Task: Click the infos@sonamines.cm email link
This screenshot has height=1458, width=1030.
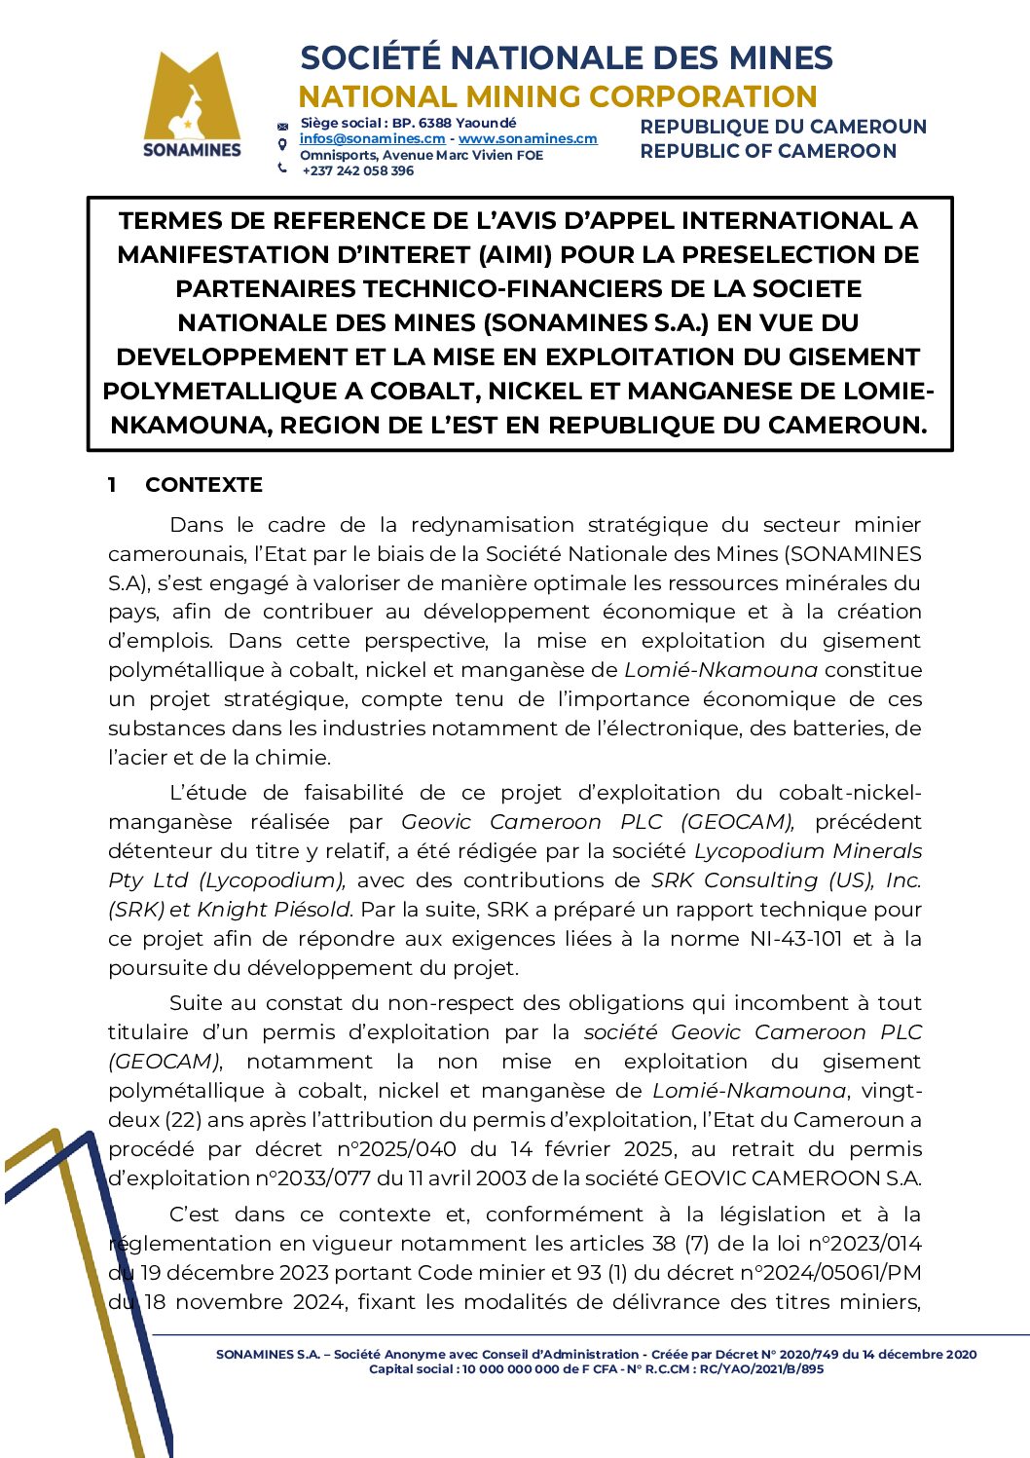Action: coord(372,139)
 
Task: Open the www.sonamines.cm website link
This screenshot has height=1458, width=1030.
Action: coord(528,139)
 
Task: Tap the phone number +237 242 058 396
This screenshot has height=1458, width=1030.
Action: coord(357,170)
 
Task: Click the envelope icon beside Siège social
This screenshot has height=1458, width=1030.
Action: coord(282,126)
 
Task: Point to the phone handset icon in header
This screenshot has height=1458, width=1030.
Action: coord(282,168)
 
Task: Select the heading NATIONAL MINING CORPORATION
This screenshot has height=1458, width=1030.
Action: coord(557,96)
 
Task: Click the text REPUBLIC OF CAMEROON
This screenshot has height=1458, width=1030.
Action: coord(768,151)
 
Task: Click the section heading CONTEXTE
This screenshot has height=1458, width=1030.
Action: coord(203,485)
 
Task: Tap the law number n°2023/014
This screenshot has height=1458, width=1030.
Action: coord(864,1244)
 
